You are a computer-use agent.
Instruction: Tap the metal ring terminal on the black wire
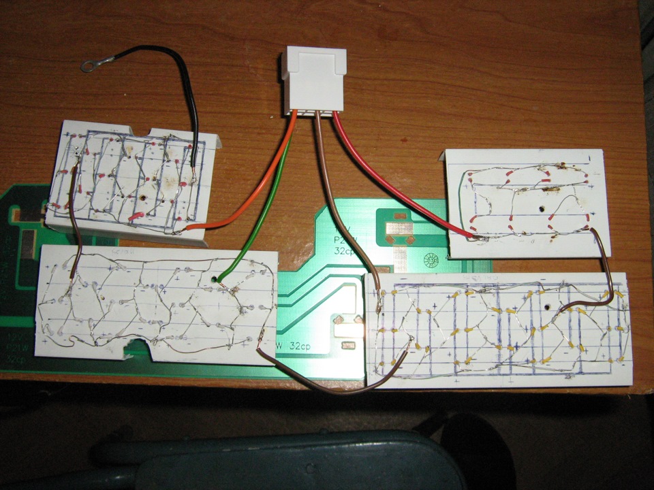(x=88, y=66)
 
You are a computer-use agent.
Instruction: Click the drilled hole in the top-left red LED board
(x=144, y=198)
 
